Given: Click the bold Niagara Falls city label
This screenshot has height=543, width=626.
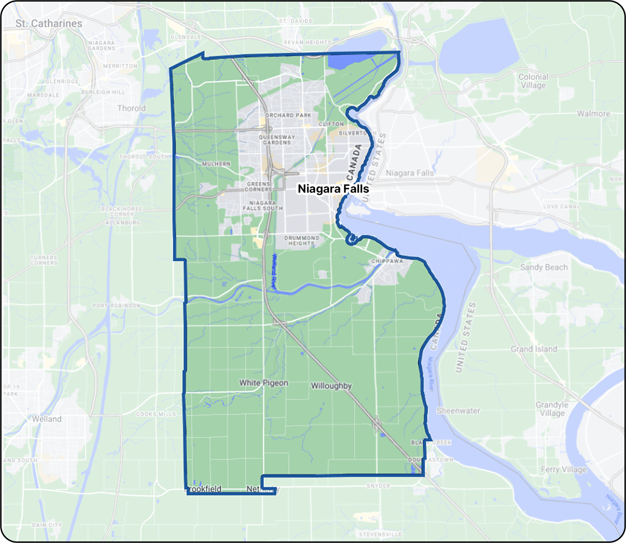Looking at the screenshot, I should click(333, 189).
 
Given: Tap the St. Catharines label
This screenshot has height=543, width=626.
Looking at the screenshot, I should click(49, 23).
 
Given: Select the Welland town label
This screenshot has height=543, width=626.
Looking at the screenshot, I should click(46, 419).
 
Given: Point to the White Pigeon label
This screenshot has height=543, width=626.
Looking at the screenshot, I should click(263, 383).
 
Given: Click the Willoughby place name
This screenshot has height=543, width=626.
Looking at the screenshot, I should click(331, 386).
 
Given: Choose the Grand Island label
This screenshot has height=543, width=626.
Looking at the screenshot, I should click(534, 349).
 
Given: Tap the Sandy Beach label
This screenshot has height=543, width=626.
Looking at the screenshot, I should click(544, 267).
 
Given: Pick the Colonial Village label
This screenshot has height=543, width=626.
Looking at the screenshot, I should click(533, 81).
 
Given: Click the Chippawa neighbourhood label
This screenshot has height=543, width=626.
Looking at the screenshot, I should click(387, 261).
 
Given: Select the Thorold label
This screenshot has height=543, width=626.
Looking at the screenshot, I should click(131, 108).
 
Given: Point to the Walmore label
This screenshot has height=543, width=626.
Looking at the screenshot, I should click(593, 113).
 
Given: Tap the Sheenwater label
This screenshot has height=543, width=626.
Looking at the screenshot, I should click(458, 410).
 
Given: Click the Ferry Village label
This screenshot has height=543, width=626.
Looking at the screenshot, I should click(563, 469).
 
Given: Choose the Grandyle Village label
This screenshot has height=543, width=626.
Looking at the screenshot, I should click(552, 409).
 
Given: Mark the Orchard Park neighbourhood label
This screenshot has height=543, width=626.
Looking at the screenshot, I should click(288, 115).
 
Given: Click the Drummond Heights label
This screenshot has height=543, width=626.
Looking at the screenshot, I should click(302, 240).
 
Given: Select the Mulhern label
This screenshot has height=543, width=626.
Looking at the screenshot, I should click(216, 164).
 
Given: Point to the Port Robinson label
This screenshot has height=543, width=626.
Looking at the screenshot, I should click(116, 305).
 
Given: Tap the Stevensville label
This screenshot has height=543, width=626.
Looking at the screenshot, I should click(380, 535).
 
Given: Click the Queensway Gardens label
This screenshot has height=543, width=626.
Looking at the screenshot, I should click(277, 139).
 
